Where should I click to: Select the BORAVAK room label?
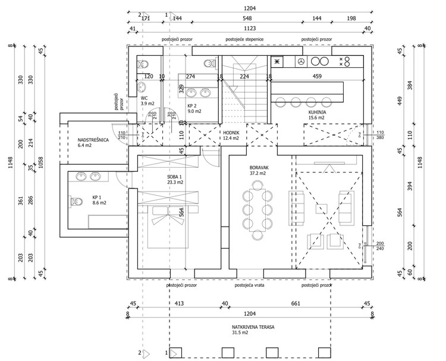coord(260,168)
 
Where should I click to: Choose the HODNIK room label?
coord(230,131)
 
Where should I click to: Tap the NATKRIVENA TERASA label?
coord(249,327)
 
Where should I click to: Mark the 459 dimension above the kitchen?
coord(317,76)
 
